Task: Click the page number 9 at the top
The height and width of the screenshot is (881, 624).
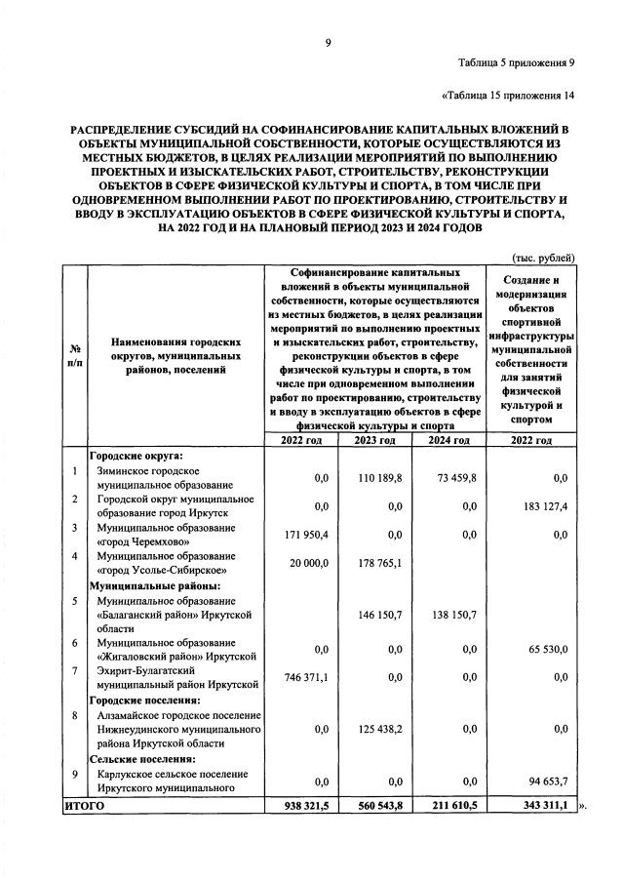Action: click(329, 42)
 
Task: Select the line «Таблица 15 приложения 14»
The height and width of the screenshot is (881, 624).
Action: click(508, 96)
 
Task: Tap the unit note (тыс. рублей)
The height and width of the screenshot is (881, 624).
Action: click(543, 257)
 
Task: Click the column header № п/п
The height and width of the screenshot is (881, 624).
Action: click(74, 355)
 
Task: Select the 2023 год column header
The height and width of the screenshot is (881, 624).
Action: click(374, 440)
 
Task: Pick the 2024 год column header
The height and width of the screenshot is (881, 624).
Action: click(449, 440)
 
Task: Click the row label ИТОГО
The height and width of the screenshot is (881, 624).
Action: click(84, 807)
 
